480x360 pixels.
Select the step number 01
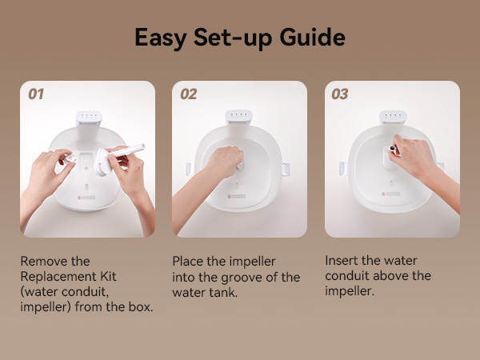tap(36, 94)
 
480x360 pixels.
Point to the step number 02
tap(188, 94)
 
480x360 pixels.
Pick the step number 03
tap(340, 94)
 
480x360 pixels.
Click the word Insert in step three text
tap(342, 261)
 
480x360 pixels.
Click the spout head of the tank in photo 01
tap(88, 118)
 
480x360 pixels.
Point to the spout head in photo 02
tap(238, 117)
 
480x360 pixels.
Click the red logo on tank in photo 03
tap(384, 194)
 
